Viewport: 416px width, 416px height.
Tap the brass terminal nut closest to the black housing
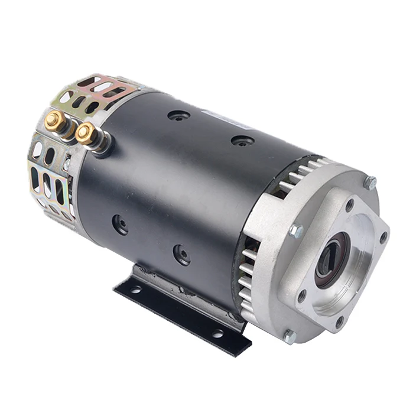[x=86, y=133]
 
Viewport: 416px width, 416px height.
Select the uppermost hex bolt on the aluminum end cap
[x=370, y=183]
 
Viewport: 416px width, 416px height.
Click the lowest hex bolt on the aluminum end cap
[x=289, y=336]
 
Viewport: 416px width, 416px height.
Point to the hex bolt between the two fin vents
[x=296, y=231]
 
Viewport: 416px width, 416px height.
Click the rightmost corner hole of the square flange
[x=382, y=238]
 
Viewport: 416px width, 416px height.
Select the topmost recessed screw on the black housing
[x=179, y=116]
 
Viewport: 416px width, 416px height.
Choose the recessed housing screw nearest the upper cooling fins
[x=243, y=141]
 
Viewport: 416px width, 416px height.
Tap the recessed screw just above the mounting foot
[x=181, y=255]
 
